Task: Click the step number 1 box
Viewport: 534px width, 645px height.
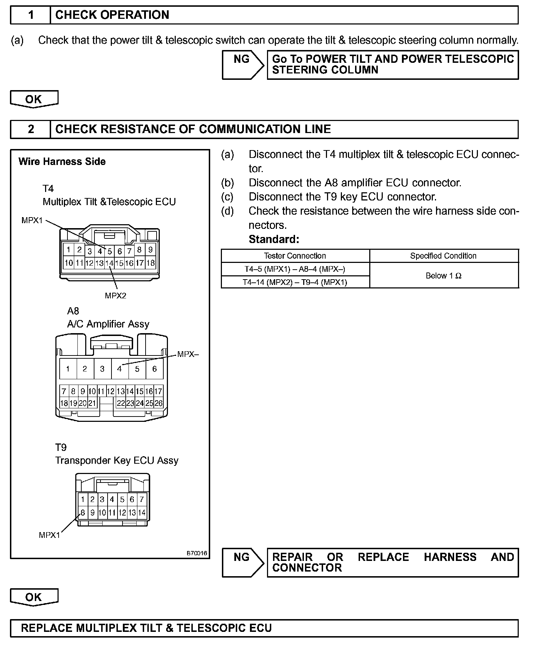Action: point(31,15)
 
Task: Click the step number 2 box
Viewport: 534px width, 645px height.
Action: point(31,129)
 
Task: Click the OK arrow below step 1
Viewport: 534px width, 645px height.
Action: point(34,99)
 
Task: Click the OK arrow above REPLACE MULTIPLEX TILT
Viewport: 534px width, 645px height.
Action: point(34,597)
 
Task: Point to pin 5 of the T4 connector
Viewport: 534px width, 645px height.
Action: point(110,251)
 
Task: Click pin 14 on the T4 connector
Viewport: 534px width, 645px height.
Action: point(109,263)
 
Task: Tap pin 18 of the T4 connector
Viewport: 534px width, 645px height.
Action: point(150,263)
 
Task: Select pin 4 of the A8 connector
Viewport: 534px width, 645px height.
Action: point(120,369)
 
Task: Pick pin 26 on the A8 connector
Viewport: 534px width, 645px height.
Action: point(159,403)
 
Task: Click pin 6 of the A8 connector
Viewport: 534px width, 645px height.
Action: point(154,369)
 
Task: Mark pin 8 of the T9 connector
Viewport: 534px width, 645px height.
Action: point(82,512)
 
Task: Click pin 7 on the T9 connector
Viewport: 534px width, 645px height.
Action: point(142,500)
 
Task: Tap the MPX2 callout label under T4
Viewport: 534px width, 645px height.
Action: point(115,296)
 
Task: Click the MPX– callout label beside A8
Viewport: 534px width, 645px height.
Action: point(188,354)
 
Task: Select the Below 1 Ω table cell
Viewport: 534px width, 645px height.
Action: point(444,276)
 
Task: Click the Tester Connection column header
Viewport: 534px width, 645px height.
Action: point(295,256)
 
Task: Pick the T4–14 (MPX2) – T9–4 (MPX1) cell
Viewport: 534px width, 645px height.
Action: point(295,282)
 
